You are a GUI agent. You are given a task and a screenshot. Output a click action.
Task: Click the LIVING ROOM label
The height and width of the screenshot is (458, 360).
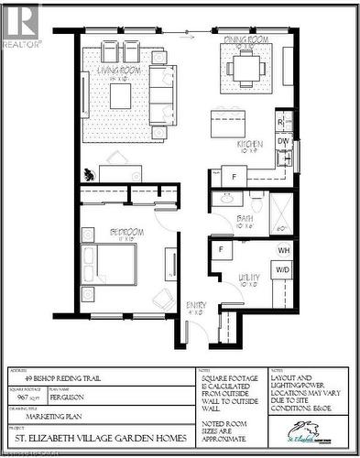click(x=120, y=70)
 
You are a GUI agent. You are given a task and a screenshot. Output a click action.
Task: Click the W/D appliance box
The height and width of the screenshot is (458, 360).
click(x=283, y=270)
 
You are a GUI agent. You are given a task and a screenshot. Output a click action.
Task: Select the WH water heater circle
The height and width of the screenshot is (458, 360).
click(x=283, y=249)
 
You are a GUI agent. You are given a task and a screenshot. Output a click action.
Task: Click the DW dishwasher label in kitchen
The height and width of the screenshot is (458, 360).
click(x=283, y=141)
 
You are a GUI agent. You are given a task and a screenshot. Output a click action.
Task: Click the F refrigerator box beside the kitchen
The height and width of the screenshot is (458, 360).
click(x=233, y=176)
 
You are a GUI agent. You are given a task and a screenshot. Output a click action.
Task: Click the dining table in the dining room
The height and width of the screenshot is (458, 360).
click(x=245, y=65)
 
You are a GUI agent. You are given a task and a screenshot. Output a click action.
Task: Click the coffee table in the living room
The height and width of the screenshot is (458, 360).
click(x=121, y=94)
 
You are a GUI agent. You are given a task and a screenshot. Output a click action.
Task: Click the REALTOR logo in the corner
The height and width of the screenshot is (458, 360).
click(x=21, y=24)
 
